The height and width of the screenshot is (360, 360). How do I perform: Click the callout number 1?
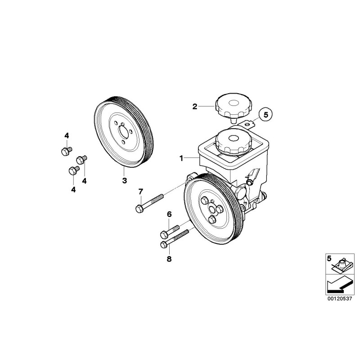pyautogui.click(x=181, y=158)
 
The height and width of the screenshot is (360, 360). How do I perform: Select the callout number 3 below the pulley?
pyautogui.click(x=124, y=180)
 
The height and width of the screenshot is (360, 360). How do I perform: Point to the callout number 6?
pyautogui.click(x=170, y=215)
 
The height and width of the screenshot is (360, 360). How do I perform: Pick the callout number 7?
pyautogui.click(x=140, y=192)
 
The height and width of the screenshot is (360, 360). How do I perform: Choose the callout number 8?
pyautogui.click(x=169, y=259)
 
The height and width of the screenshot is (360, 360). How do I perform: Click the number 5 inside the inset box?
pyautogui.click(x=328, y=259)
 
